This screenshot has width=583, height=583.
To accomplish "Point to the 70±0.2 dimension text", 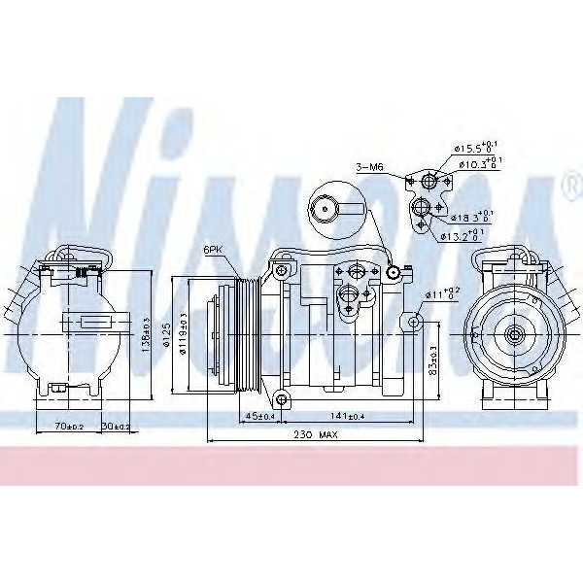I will (x=71, y=426).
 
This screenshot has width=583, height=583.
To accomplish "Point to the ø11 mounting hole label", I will (x=439, y=292).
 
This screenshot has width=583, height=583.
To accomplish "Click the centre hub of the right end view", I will (x=513, y=333).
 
